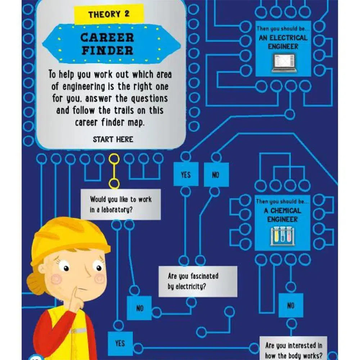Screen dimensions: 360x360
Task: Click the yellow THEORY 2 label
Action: click(109, 14)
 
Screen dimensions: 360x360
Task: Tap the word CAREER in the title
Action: click(107, 37)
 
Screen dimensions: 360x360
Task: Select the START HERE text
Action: click(113, 139)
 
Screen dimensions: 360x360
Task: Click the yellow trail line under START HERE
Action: click(114, 171)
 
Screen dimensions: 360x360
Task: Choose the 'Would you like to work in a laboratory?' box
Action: click(121, 204)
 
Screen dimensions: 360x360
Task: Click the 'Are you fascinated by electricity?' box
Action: click(198, 282)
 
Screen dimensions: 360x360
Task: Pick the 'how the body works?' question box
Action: click(293, 348)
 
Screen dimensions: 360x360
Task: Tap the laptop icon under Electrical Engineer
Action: click(284, 63)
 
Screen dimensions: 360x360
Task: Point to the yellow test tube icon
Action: click(276, 235)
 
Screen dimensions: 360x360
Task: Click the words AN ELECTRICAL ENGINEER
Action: click(283, 42)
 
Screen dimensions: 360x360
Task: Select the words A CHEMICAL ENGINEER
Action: click(282, 215)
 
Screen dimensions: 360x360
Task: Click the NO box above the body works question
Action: click(291, 305)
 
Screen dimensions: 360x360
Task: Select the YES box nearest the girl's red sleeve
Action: click(120, 343)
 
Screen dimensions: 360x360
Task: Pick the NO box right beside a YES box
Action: click(216, 175)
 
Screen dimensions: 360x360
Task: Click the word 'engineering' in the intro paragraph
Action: click(84, 87)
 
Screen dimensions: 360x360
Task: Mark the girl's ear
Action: click(43, 269)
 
